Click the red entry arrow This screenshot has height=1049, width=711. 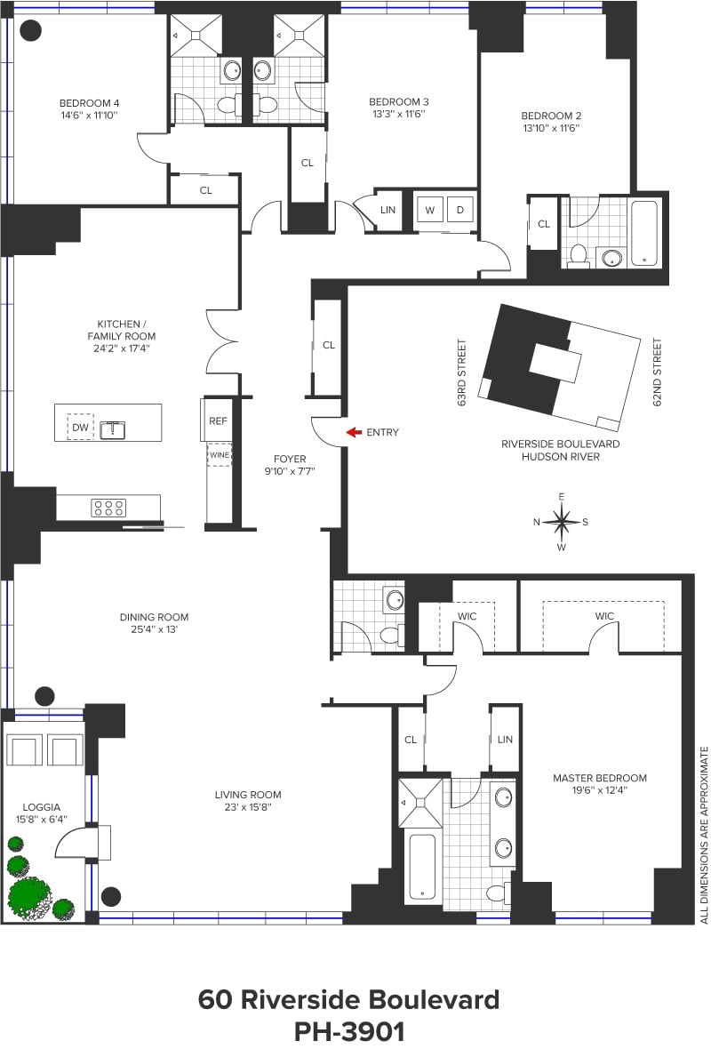point(354,433)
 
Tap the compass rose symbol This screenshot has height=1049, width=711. point(562,521)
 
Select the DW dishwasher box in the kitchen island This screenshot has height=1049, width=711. point(81,428)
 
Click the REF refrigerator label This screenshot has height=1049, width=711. point(219,421)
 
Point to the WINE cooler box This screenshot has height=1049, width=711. point(220,455)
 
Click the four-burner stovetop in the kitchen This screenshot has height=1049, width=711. point(108,508)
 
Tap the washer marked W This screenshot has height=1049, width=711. point(430,211)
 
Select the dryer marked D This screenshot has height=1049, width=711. point(460,211)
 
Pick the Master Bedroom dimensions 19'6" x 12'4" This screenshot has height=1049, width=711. point(600,792)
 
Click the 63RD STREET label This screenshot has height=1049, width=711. point(462,372)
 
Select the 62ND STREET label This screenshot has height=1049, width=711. point(658,372)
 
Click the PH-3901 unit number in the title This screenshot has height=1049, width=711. point(348,1031)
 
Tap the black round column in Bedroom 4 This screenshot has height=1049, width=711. point(31,31)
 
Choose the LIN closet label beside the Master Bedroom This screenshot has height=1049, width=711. point(505,740)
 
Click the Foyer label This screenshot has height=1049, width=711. point(290,459)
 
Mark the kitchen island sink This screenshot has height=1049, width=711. point(113,429)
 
